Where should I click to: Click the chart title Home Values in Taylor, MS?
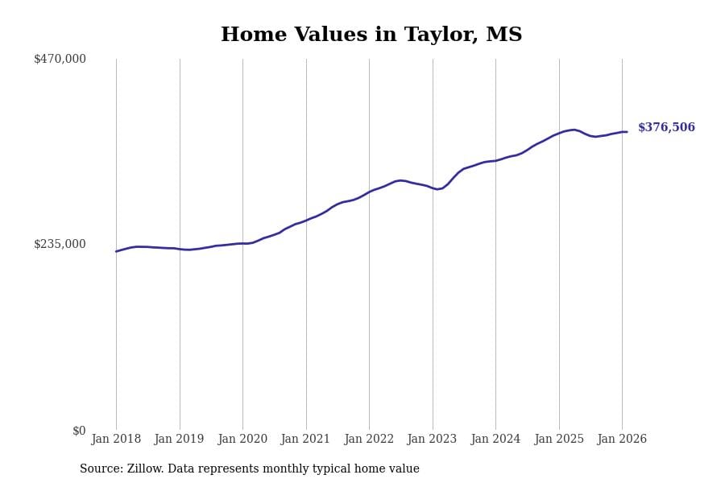click(371, 35)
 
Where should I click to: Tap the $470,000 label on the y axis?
click(60, 59)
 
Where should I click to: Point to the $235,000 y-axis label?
click(60, 244)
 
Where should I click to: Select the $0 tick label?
click(78, 431)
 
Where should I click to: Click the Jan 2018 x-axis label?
click(116, 440)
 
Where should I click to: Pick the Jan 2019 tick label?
click(179, 440)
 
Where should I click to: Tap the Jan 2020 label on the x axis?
click(242, 440)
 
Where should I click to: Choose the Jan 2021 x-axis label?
click(305, 440)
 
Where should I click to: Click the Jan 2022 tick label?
click(369, 440)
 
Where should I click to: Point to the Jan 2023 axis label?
click(432, 440)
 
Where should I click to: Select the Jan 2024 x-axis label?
click(495, 440)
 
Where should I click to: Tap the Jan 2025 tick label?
click(558, 440)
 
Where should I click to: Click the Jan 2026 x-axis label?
click(622, 440)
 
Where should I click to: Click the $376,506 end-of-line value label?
click(666, 128)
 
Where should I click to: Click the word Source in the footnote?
click(101, 469)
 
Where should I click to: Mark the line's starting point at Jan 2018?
click(116, 251)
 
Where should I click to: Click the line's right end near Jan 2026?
click(627, 132)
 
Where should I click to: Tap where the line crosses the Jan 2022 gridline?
click(369, 192)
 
